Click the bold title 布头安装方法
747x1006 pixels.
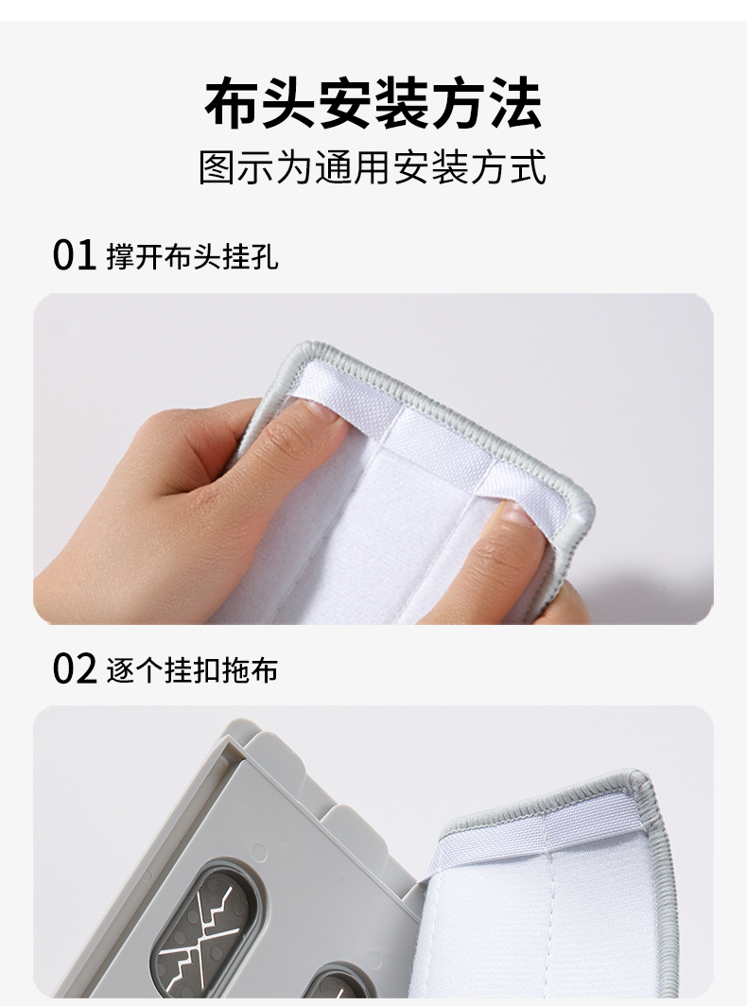373,103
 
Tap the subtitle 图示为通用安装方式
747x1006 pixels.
373,167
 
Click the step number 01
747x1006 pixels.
74,254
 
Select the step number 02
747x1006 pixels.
74,668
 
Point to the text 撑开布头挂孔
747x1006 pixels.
192,256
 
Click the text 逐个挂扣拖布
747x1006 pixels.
192,669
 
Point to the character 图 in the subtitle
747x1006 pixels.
217,167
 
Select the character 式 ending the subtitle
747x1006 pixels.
529,167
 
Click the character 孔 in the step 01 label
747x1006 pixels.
265,256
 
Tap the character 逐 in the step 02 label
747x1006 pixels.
120,669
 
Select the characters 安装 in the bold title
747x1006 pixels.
373,103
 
